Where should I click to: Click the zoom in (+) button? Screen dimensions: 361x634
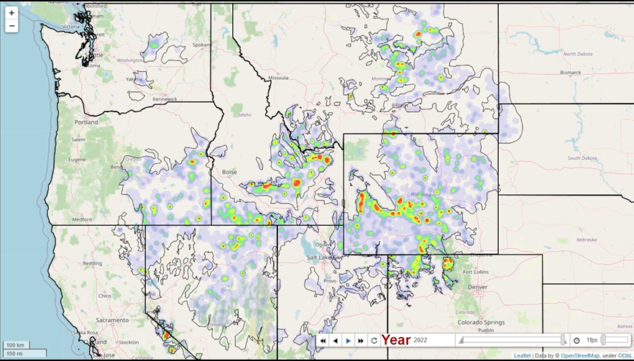[12, 13]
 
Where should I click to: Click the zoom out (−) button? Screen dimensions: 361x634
[12, 27]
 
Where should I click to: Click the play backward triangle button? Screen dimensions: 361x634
[336, 340]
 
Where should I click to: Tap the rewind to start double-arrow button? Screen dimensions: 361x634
[323, 340]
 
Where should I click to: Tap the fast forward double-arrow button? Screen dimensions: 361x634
[361, 340]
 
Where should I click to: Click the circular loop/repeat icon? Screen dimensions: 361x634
[374, 340]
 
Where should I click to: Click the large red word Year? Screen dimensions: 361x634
[396, 339]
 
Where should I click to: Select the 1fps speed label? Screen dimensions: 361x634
[592, 340]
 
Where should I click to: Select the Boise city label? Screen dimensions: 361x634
[229, 172]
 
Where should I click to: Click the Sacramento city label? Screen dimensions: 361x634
[108, 319]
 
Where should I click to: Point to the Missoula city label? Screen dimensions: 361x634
[277, 77]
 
